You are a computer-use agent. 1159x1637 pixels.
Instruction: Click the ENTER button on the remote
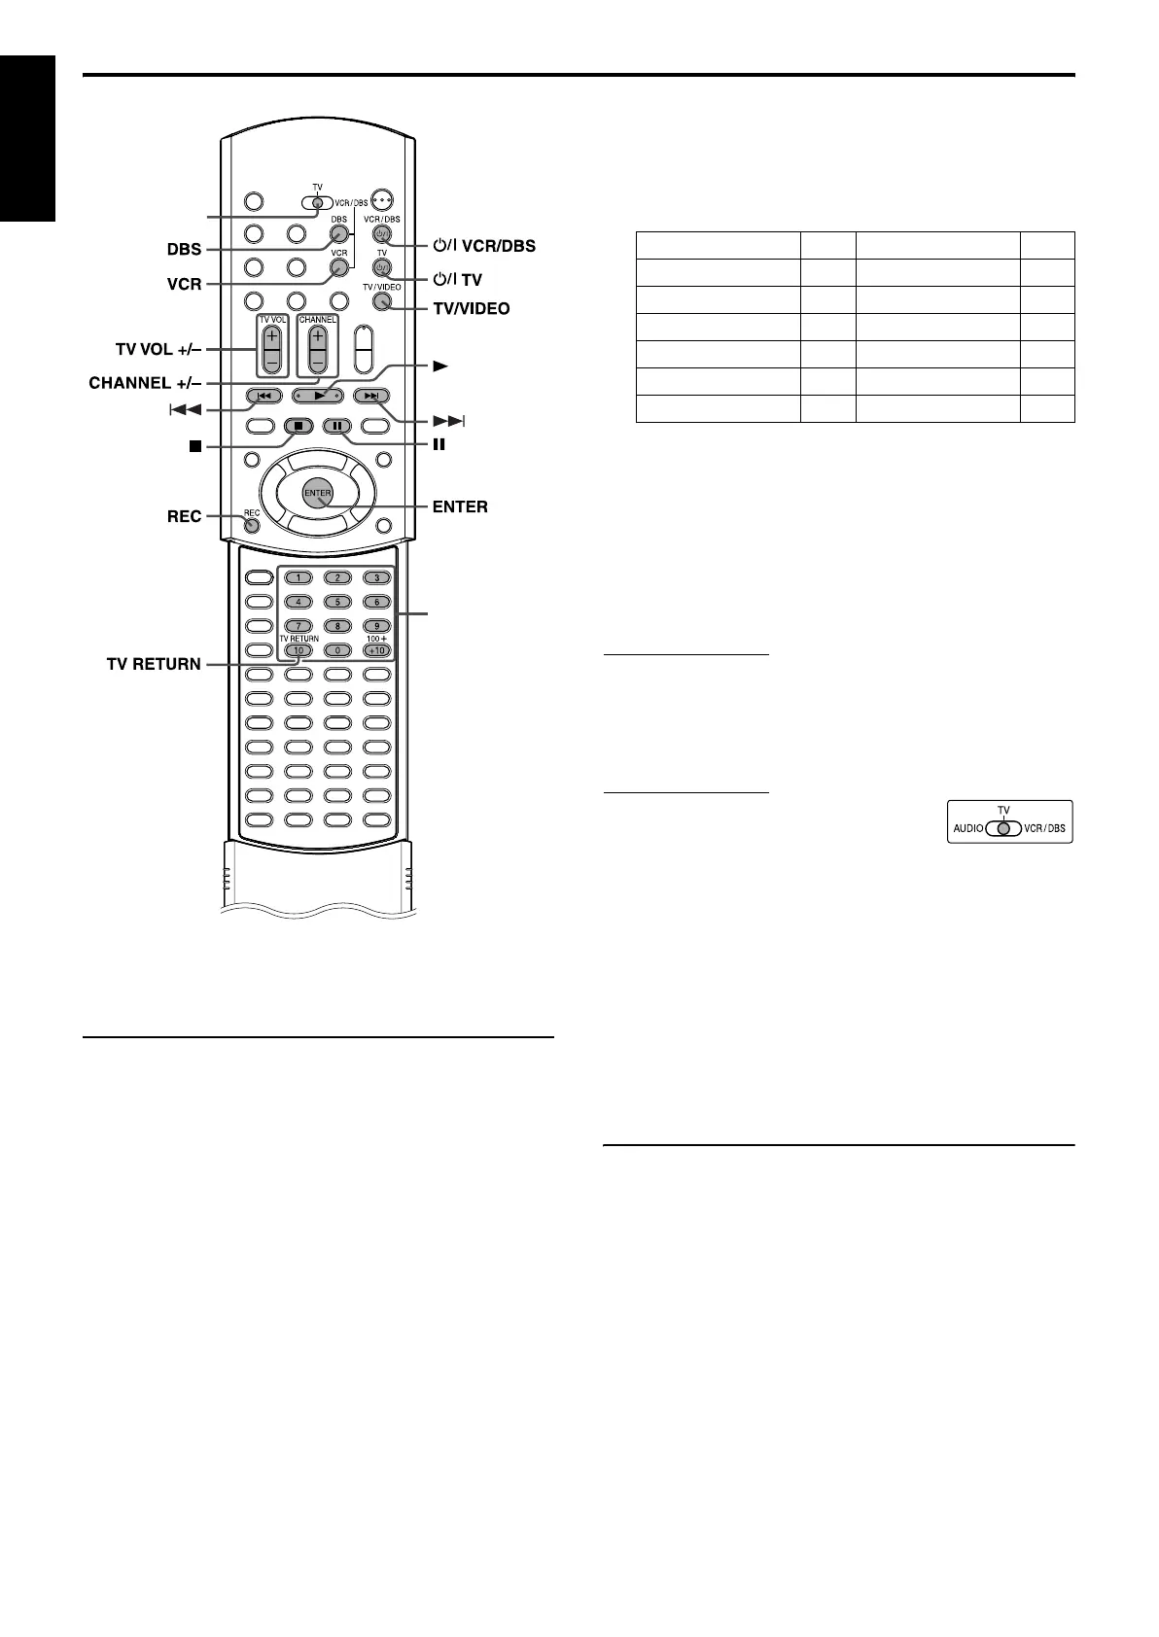[x=318, y=493]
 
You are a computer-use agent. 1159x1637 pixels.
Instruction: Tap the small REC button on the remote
[x=252, y=526]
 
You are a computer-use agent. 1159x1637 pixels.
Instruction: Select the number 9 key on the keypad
[x=375, y=626]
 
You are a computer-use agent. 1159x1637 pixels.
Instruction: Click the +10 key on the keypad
[x=375, y=650]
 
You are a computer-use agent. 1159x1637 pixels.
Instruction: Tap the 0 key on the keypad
[x=336, y=650]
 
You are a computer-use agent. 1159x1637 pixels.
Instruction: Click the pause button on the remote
[x=336, y=426]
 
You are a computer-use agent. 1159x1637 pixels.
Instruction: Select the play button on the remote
[x=318, y=396]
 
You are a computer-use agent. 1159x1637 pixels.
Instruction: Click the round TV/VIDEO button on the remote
[x=381, y=301]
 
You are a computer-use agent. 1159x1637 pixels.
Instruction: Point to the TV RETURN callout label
[x=154, y=665]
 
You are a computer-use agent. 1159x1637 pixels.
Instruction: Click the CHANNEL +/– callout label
[x=143, y=383]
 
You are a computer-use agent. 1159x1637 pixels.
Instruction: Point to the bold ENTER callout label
[x=460, y=506]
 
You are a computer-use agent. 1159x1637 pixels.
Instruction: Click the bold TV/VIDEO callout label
[x=472, y=308]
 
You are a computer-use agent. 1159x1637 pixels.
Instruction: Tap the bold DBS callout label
[x=183, y=249]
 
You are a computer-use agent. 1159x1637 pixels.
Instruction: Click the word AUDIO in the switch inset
[x=968, y=829]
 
